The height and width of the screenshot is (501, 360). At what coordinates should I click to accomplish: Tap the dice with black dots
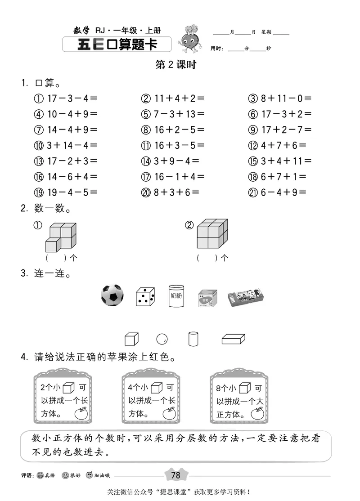pos(145,297)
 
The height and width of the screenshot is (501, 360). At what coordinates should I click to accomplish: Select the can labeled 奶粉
pos(176,296)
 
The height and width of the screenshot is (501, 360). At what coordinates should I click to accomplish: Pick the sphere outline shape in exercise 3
pos(162,339)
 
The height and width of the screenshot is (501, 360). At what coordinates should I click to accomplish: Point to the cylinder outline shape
pos(193,339)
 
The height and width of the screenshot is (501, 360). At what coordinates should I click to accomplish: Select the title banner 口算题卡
pos(117,45)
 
